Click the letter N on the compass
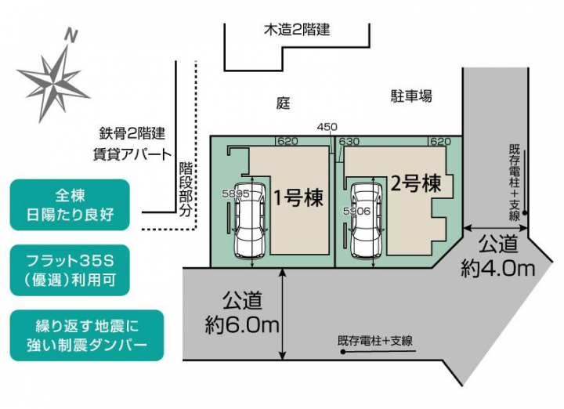71,36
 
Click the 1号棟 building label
298,197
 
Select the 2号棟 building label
416,183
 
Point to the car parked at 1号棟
251,220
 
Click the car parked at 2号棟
367,220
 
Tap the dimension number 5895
236,194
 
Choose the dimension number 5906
356,211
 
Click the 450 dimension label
327,127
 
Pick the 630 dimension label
349,141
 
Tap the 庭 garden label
283,103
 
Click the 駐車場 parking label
411,96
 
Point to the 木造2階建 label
297,30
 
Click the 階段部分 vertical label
186,189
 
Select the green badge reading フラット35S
70,270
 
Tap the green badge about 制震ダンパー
87,335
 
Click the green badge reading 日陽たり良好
70,204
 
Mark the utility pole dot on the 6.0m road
343,352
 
